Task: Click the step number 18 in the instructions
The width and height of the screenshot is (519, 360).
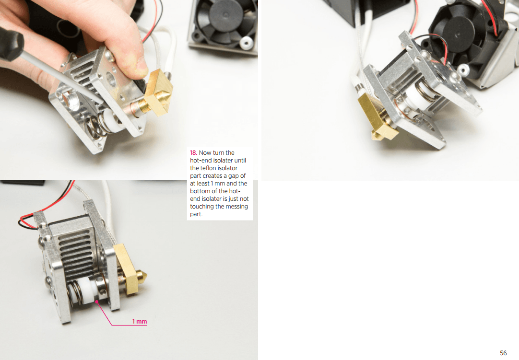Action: point(193,153)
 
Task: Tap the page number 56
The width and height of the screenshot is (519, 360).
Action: point(503,353)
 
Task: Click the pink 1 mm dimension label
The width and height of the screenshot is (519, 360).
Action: point(139,321)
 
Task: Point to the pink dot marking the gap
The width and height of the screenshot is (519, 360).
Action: point(96,302)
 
